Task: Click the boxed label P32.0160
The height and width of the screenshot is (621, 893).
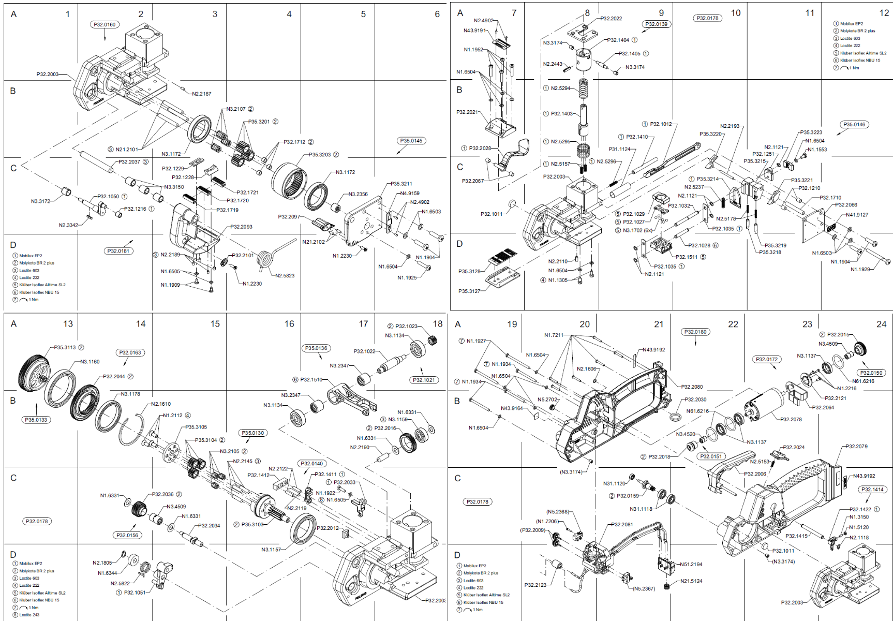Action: pyautogui.click(x=105, y=24)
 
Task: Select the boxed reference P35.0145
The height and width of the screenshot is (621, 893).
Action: pyautogui.click(x=411, y=141)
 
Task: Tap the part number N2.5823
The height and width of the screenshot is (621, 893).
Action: pyautogui.click(x=285, y=276)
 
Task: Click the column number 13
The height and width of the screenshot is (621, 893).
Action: pyautogui.click(x=68, y=324)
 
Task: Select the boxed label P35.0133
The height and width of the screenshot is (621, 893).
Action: pyautogui.click(x=36, y=420)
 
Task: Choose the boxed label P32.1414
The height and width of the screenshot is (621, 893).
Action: pyautogui.click(x=872, y=489)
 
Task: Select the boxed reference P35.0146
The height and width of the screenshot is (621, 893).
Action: pyautogui.click(x=854, y=124)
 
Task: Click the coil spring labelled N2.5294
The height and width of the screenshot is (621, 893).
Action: pyautogui.click(x=584, y=89)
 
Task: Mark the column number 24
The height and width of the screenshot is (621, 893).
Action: pyautogui.click(x=882, y=324)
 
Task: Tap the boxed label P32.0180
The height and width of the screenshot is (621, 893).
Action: pyautogui.click(x=695, y=332)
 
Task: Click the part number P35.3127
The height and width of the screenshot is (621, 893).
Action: pyautogui.click(x=469, y=291)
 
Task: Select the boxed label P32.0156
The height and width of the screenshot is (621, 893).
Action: pyautogui.click(x=127, y=535)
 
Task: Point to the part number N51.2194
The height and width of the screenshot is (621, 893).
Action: pyautogui.click(x=691, y=565)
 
